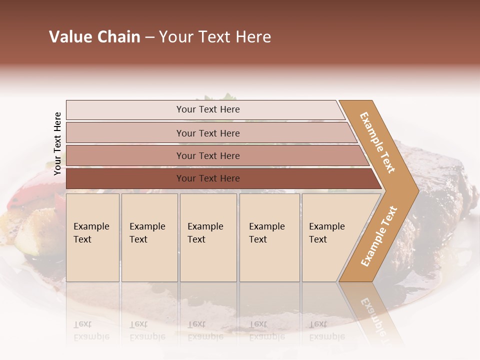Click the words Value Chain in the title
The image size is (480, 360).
pos(94,37)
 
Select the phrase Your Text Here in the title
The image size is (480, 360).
pos(215,37)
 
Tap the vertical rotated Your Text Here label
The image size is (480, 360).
pos(57,143)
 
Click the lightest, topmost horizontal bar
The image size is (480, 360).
pos(207,109)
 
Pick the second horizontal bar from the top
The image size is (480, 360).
pos(207,133)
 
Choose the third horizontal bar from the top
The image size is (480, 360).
pos(207,155)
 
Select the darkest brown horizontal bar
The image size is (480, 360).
pos(207,178)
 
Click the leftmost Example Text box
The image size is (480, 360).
pos(92,237)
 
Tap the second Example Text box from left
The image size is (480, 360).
pos(149,237)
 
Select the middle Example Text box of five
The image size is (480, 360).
pos(208,237)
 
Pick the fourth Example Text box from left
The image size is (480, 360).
pos(269,237)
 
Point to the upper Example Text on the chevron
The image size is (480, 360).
pos(377,142)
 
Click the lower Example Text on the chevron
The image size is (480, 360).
pos(379,236)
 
